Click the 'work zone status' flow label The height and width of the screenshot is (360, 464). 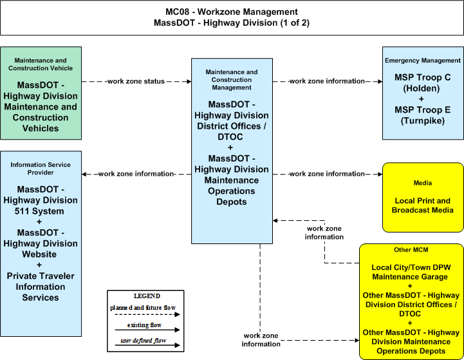click(136, 81)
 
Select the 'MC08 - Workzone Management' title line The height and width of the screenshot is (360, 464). click(232, 12)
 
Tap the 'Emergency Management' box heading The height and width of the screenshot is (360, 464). click(423, 61)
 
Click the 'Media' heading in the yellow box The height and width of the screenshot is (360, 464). click(423, 183)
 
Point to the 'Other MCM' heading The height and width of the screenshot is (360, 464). click(411, 250)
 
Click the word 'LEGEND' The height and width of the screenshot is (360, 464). click(147, 296)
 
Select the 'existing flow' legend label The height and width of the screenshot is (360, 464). click(144, 325)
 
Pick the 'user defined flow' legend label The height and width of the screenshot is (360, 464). click(144, 341)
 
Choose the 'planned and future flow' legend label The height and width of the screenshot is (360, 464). click(143, 308)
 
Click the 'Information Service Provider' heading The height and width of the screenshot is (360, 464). click(41, 169)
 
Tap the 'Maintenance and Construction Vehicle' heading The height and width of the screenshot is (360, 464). click(41, 64)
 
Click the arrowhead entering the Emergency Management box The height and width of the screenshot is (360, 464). click(380, 81)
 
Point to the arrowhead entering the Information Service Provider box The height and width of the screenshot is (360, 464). click(84, 174)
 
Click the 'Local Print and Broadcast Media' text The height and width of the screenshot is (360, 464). click(423, 205)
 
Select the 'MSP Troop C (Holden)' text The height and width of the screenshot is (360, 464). click(423, 83)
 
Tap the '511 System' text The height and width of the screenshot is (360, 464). click(39, 211)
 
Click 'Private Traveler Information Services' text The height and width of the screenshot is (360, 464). click(41, 287)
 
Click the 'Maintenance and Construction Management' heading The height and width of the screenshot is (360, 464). click(232, 80)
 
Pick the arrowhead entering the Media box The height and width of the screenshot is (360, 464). click(380, 174)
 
